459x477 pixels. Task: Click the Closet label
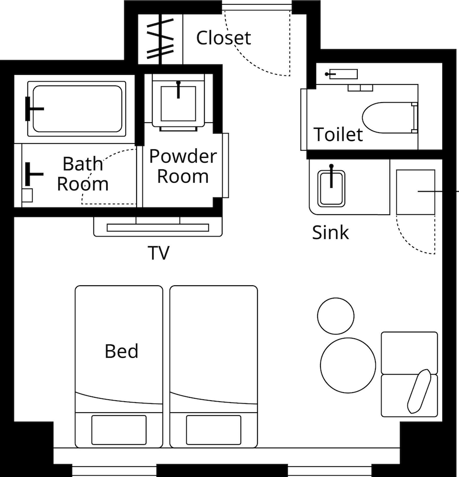click(x=224, y=38)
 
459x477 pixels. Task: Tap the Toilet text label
click(x=338, y=134)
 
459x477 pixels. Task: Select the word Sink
click(x=331, y=233)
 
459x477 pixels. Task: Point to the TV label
click(x=159, y=253)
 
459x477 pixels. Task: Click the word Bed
click(x=121, y=351)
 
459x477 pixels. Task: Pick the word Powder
click(x=183, y=156)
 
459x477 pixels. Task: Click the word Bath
click(x=83, y=164)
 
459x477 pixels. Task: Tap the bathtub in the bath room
click(x=76, y=109)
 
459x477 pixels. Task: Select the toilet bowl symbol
click(x=390, y=117)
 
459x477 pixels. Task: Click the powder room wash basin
click(x=178, y=103)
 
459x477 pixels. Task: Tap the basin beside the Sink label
click(x=331, y=188)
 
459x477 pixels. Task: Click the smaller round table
click(x=336, y=316)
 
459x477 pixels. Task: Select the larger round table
click(x=348, y=365)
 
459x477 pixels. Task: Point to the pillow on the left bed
click(x=119, y=430)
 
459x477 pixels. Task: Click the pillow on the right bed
click(x=213, y=430)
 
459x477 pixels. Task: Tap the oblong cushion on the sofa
click(x=419, y=391)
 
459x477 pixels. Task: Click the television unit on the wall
click(x=158, y=227)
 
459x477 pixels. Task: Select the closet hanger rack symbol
click(x=160, y=39)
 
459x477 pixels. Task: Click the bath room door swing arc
click(x=97, y=164)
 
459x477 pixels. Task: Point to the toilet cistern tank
click(x=343, y=74)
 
